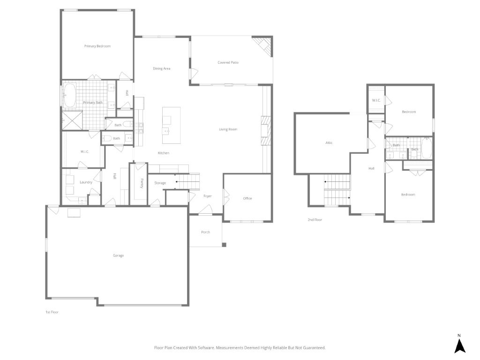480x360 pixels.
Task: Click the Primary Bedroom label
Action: point(97,46)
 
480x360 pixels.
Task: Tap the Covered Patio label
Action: point(228,62)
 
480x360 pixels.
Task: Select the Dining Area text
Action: point(162,68)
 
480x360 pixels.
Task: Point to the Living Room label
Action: point(228,129)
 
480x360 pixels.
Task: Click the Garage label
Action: point(118,255)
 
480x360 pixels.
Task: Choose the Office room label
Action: point(247,198)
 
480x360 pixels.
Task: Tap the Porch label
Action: point(205,232)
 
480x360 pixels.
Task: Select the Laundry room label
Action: point(86,182)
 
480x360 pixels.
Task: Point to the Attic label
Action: point(329,142)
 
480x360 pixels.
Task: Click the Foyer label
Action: point(208,196)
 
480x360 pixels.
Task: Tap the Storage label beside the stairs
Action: point(160,183)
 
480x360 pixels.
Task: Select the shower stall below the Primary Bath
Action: point(73,120)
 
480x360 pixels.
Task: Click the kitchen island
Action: point(171,126)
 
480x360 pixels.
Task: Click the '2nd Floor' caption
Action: point(315,219)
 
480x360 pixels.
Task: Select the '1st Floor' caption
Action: point(52,312)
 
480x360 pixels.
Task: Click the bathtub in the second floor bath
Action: point(427,149)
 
